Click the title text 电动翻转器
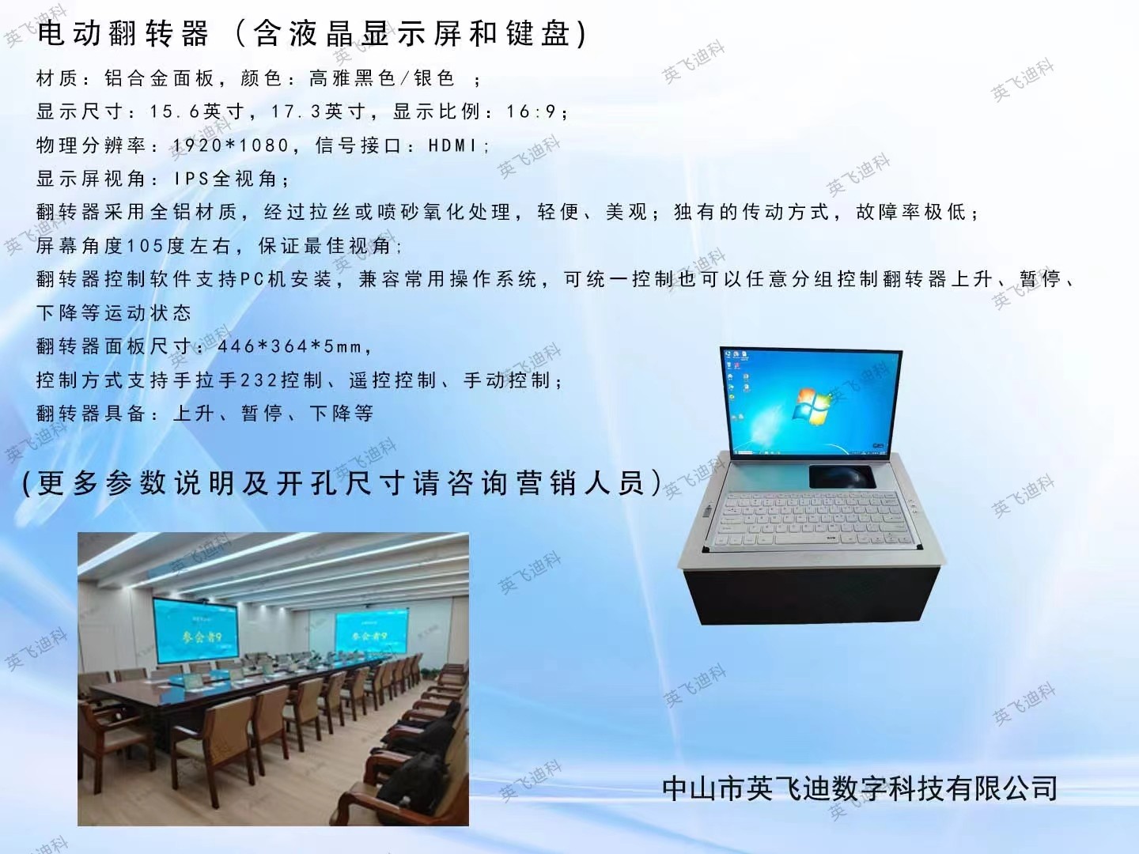123,33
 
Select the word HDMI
452,145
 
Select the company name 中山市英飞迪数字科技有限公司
860,788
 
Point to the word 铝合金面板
160,78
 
